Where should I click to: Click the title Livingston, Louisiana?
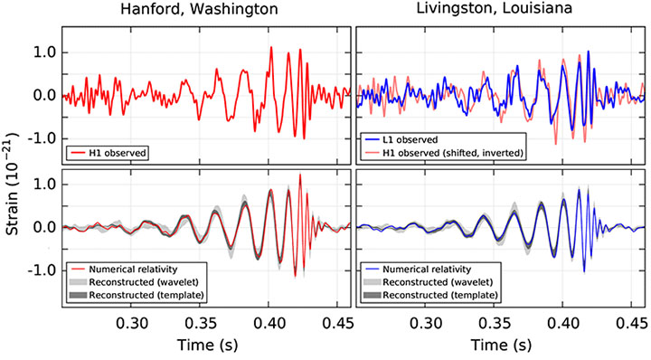[500, 12]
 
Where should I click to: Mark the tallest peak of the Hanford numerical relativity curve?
[299, 175]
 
